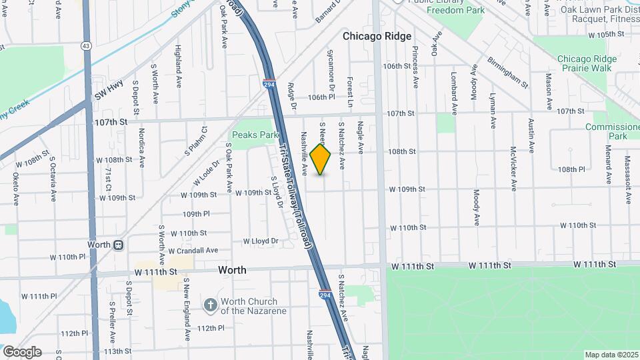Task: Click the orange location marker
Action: coord(321,159)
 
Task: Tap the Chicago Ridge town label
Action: coord(377,37)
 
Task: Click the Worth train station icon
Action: coord(118,245)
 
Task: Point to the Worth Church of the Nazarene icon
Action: coord(210,305)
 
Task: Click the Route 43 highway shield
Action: coord(85,46)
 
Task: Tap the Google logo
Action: coord(22,352)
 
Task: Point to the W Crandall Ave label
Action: coord(193,251)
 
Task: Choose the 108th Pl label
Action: coord(571,170)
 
